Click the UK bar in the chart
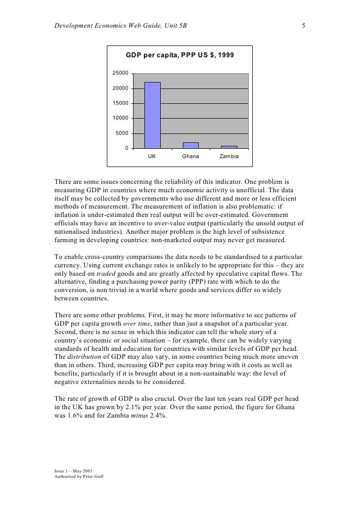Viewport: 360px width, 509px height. pos(152,115)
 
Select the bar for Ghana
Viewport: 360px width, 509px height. pos(190,145)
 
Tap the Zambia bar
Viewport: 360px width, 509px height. pos(229,147)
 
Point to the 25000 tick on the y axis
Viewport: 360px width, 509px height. pos(121,73)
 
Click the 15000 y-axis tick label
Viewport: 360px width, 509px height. pos(121,103)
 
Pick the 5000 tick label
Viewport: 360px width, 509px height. pos(122,133)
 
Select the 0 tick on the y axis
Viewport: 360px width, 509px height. pos(127,148)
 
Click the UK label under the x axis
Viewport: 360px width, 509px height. pos(152,157)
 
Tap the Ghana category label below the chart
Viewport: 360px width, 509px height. pos(190,157)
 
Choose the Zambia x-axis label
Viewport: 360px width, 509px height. pos(229,157)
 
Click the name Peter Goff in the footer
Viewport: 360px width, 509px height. pos(91,476)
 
